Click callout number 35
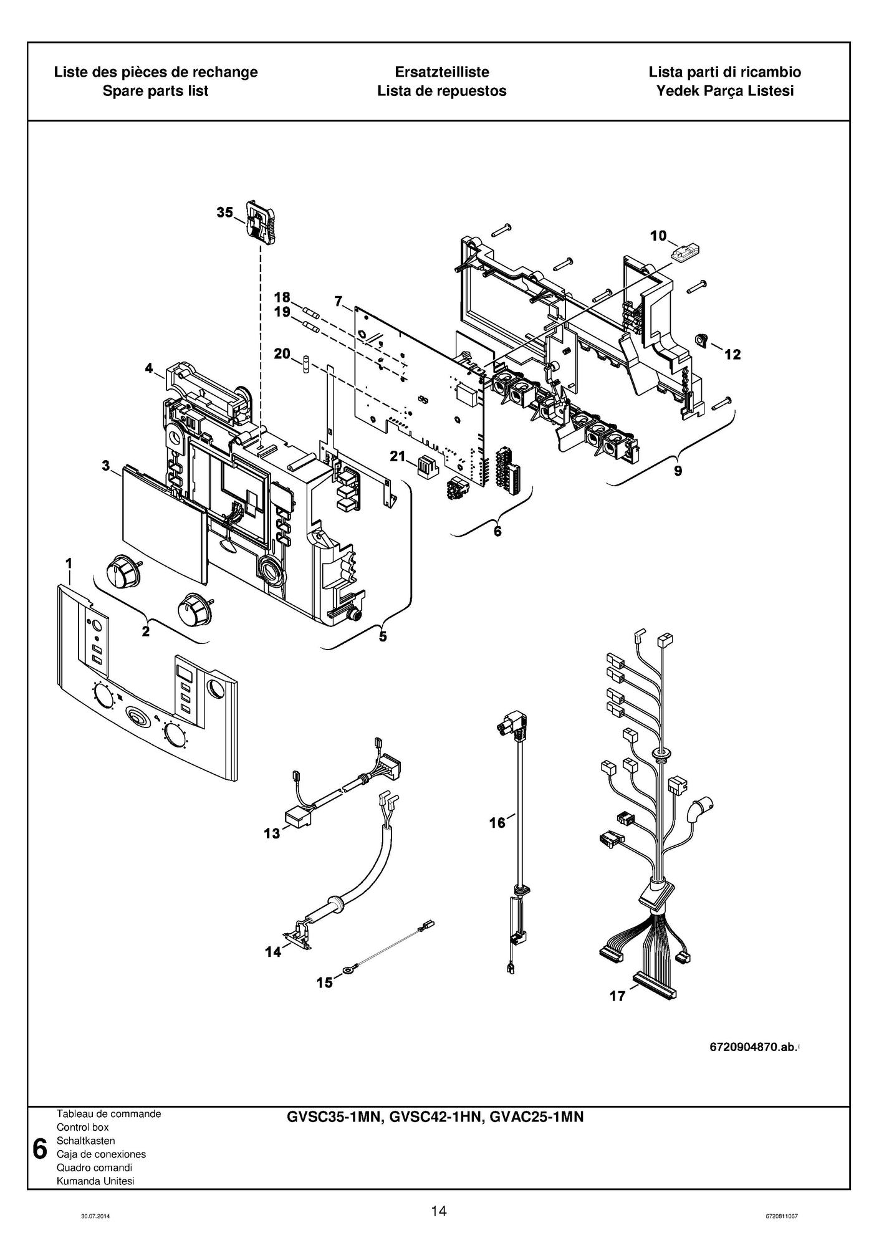pos(224,213)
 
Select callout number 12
pos(732,355)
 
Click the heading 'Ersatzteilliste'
pos(441,72)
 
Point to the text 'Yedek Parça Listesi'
pos(724,91)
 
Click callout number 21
pos(398,456)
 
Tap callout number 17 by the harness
pos(617,996)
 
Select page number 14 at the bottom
pos(439,1211)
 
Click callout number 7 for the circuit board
pos(339,302)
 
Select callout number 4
pos(149,368)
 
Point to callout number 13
pos(272,833)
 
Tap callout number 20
pos(282,354)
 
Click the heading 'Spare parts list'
pos(155,91)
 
